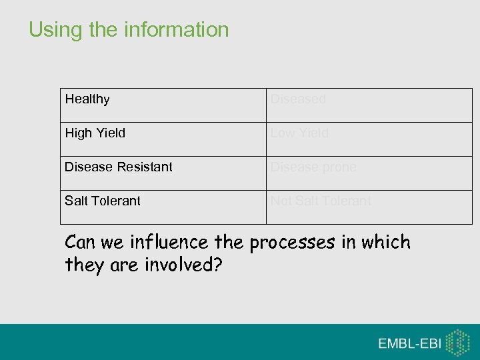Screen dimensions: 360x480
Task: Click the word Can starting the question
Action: [81, 243]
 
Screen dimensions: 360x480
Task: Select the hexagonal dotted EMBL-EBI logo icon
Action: [457, 342]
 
